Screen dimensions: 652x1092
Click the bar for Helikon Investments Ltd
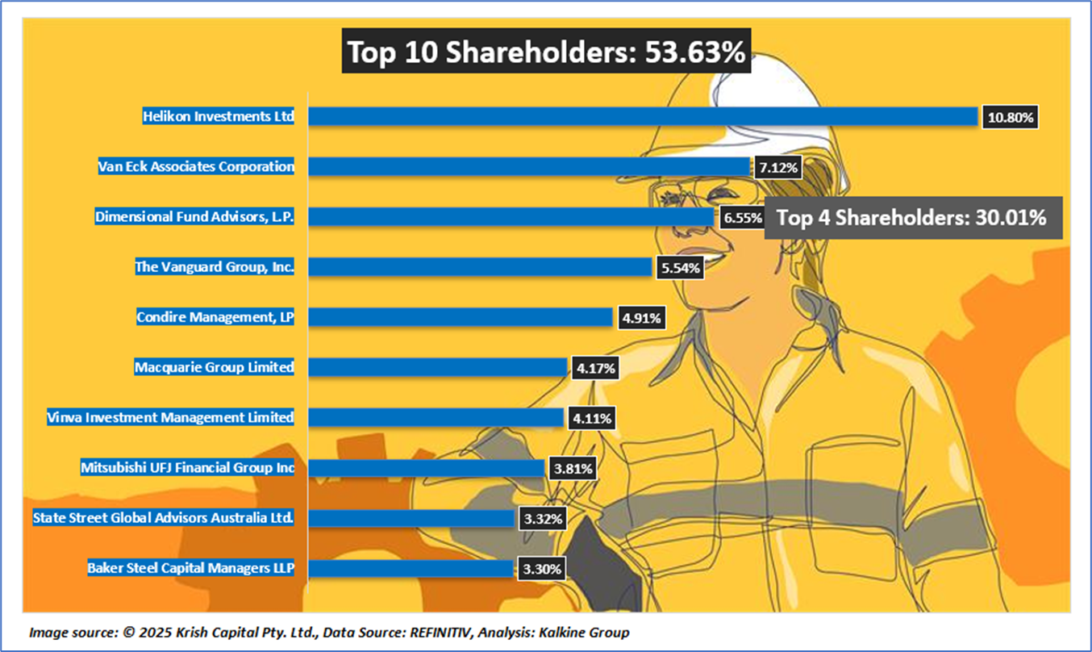click(x=643, y=117)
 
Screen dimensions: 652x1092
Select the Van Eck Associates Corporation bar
click(x=530, y=167)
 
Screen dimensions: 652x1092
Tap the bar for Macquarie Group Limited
click(x=438, y=368)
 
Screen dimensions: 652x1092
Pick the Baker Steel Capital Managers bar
click(x=411, y=569)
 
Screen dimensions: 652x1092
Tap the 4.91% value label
click(x=641, y=318)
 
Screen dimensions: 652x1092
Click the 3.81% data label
click(x=573, y=468)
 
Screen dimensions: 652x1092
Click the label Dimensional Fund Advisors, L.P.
click(x=194, y=217)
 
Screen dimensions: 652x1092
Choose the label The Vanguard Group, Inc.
click(x=214, y=267)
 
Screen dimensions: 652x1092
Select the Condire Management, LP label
click(x=215, y=317)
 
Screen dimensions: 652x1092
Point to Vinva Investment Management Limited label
click(x=170, y=417)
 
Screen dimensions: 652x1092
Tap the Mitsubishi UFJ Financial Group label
click(x=187, y=467)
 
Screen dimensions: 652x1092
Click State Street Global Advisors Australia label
click(x=163, y=517)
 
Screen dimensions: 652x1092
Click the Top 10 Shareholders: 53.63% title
click(x=546, y=52)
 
